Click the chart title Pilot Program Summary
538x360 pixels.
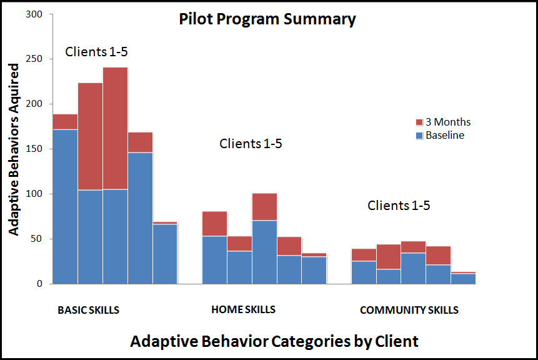pyautogui.click(x=267, y=19)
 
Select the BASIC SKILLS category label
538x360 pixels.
pyautogui.click(x=88, y=310)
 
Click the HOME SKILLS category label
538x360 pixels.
pyautogui.click(x=243, y=309)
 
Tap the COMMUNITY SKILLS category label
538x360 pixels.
pyautogui.click(x=409, y=310)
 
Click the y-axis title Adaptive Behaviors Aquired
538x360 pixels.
pyautogui.click(x=14, y=149)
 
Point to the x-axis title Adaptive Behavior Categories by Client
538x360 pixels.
pyautogui.click(x=274, y=341)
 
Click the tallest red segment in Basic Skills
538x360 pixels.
pyautogui.click(x=116, y=128)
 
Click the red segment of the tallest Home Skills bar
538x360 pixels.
pyautogui.click(x=264, y=207)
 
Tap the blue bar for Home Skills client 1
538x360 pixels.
pyautogui.click(x=214, y=259)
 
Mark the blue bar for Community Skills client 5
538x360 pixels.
pyautogui.click(x=464, y=279)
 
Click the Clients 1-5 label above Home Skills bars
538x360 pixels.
pyautogui.click(x=251, y=144)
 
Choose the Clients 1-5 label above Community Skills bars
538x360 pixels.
pyautogui.click(x=399, y=205)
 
